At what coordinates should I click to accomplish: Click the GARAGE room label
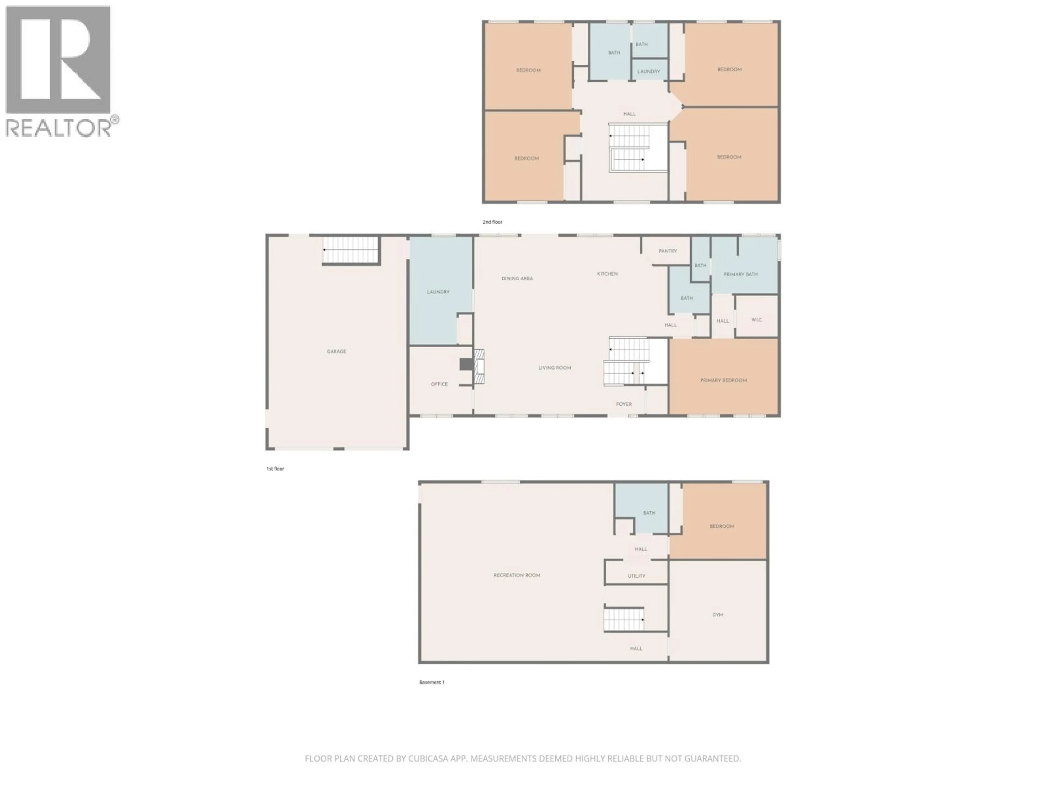(336, 352)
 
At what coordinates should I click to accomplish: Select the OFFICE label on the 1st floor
(439, 384)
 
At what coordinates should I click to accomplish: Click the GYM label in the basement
(717, 615)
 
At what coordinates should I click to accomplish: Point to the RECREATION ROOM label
(516, 575)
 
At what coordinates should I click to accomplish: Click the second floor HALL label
(629, 114)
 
